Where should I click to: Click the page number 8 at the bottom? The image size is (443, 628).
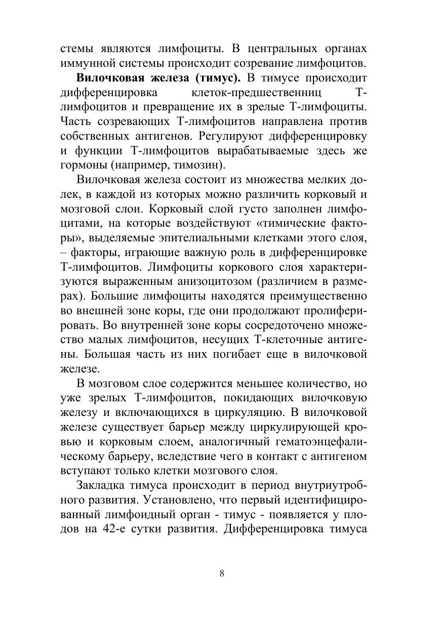[x=222, y=573]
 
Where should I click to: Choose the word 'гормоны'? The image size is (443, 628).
[x=82, y=165]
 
